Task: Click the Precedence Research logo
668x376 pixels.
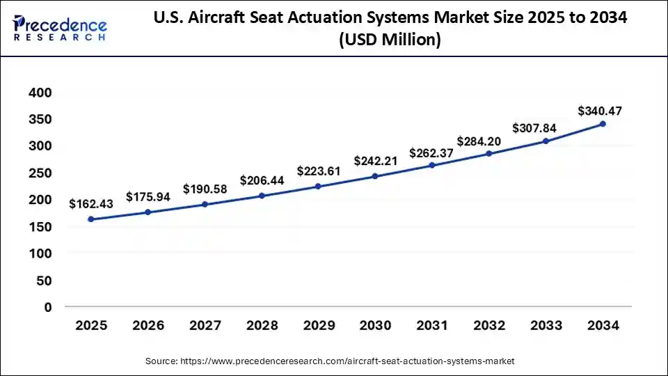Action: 60,29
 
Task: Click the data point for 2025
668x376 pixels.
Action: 90,219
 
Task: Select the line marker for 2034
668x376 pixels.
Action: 603,124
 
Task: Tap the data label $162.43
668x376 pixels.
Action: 90,204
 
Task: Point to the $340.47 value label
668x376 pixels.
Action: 600,110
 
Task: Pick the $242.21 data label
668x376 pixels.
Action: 375,161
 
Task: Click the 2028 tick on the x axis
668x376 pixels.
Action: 262,325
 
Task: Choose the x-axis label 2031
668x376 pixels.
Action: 432,325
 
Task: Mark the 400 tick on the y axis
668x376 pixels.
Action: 40,93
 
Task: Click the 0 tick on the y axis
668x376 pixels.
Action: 48,307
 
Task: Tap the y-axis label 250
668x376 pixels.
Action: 40,173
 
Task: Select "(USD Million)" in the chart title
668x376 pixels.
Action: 390,41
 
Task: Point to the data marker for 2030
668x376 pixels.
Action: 375,176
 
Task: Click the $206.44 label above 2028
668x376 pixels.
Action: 262,180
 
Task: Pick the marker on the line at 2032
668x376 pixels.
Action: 488,153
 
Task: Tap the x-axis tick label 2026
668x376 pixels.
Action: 148,325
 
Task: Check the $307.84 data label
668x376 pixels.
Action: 546,128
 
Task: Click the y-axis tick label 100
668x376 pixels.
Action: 40,253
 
